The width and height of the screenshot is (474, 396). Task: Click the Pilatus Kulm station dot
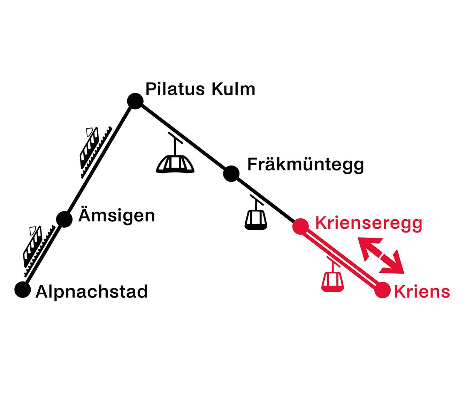pos(135,101)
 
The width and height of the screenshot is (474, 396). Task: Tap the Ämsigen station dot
pos(64,219)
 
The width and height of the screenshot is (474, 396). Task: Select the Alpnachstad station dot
pos(23,290)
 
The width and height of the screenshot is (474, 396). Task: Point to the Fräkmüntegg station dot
pos(231,174)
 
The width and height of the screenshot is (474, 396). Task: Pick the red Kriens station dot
pos(383,290)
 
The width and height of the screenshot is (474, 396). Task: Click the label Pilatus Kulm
pos(200,89)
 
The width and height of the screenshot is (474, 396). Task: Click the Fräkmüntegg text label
pos(306,164)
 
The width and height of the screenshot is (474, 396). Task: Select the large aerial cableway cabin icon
pos(175,153)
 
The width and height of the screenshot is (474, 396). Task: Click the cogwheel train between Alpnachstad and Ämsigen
pos(39,251)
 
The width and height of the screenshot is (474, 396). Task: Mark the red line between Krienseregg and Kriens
pos(342,258)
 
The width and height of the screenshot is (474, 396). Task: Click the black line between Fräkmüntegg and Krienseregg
pos(266,200)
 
